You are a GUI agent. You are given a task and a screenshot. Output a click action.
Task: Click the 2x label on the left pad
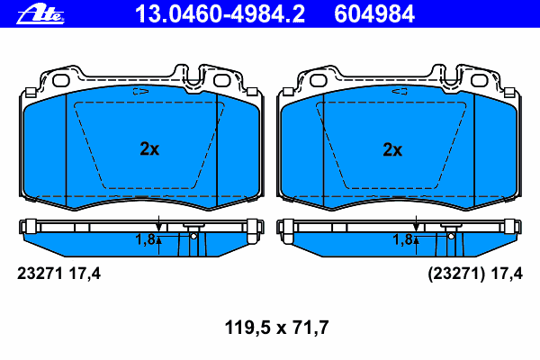point(149,150)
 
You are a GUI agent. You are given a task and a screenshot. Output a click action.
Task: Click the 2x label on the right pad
point(391,150)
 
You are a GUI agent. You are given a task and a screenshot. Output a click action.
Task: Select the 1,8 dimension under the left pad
point(145,239)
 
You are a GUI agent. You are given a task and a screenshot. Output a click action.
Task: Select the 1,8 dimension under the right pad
point(401,239)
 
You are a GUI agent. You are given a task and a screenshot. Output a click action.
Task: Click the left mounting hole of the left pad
point(61,79)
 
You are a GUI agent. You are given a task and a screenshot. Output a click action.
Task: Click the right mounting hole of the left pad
point(222,79)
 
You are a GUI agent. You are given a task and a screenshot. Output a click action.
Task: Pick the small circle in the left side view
point(193,237)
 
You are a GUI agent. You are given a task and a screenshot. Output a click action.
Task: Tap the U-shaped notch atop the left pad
point(194,73)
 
